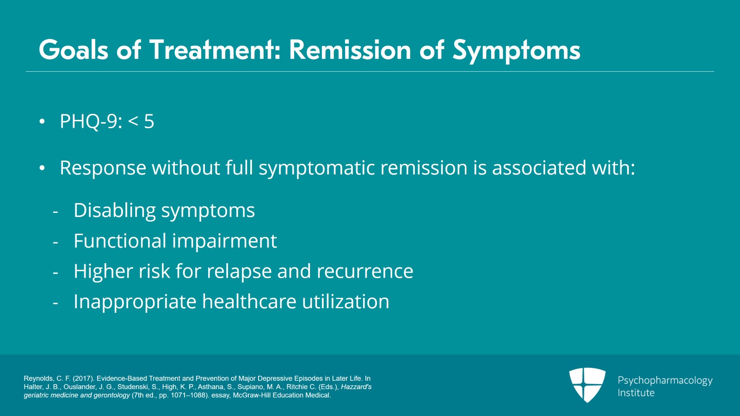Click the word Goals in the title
tap(74, 50)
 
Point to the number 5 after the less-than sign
tap(149, 122)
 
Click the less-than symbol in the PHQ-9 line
tap(133, 122)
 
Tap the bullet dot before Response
tap(42, 168)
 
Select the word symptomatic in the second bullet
tap(316, 168)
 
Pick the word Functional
tap(120, 241)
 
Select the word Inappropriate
tap(135, 302)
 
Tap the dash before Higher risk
tap(55, 273)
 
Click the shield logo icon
tap(587, 384)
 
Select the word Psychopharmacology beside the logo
tap(665, 380)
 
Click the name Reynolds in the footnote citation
tap(38, 379)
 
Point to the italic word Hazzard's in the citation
tap(356, 387)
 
